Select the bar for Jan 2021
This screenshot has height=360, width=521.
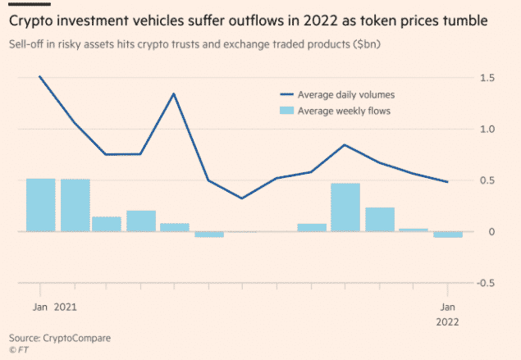click(40, 205)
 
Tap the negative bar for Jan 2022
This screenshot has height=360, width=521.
click(447, 235)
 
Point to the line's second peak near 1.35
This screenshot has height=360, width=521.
click(174, 93)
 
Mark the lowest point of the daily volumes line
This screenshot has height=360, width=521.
click(241, 198)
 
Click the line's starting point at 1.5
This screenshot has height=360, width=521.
click(39, 76)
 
